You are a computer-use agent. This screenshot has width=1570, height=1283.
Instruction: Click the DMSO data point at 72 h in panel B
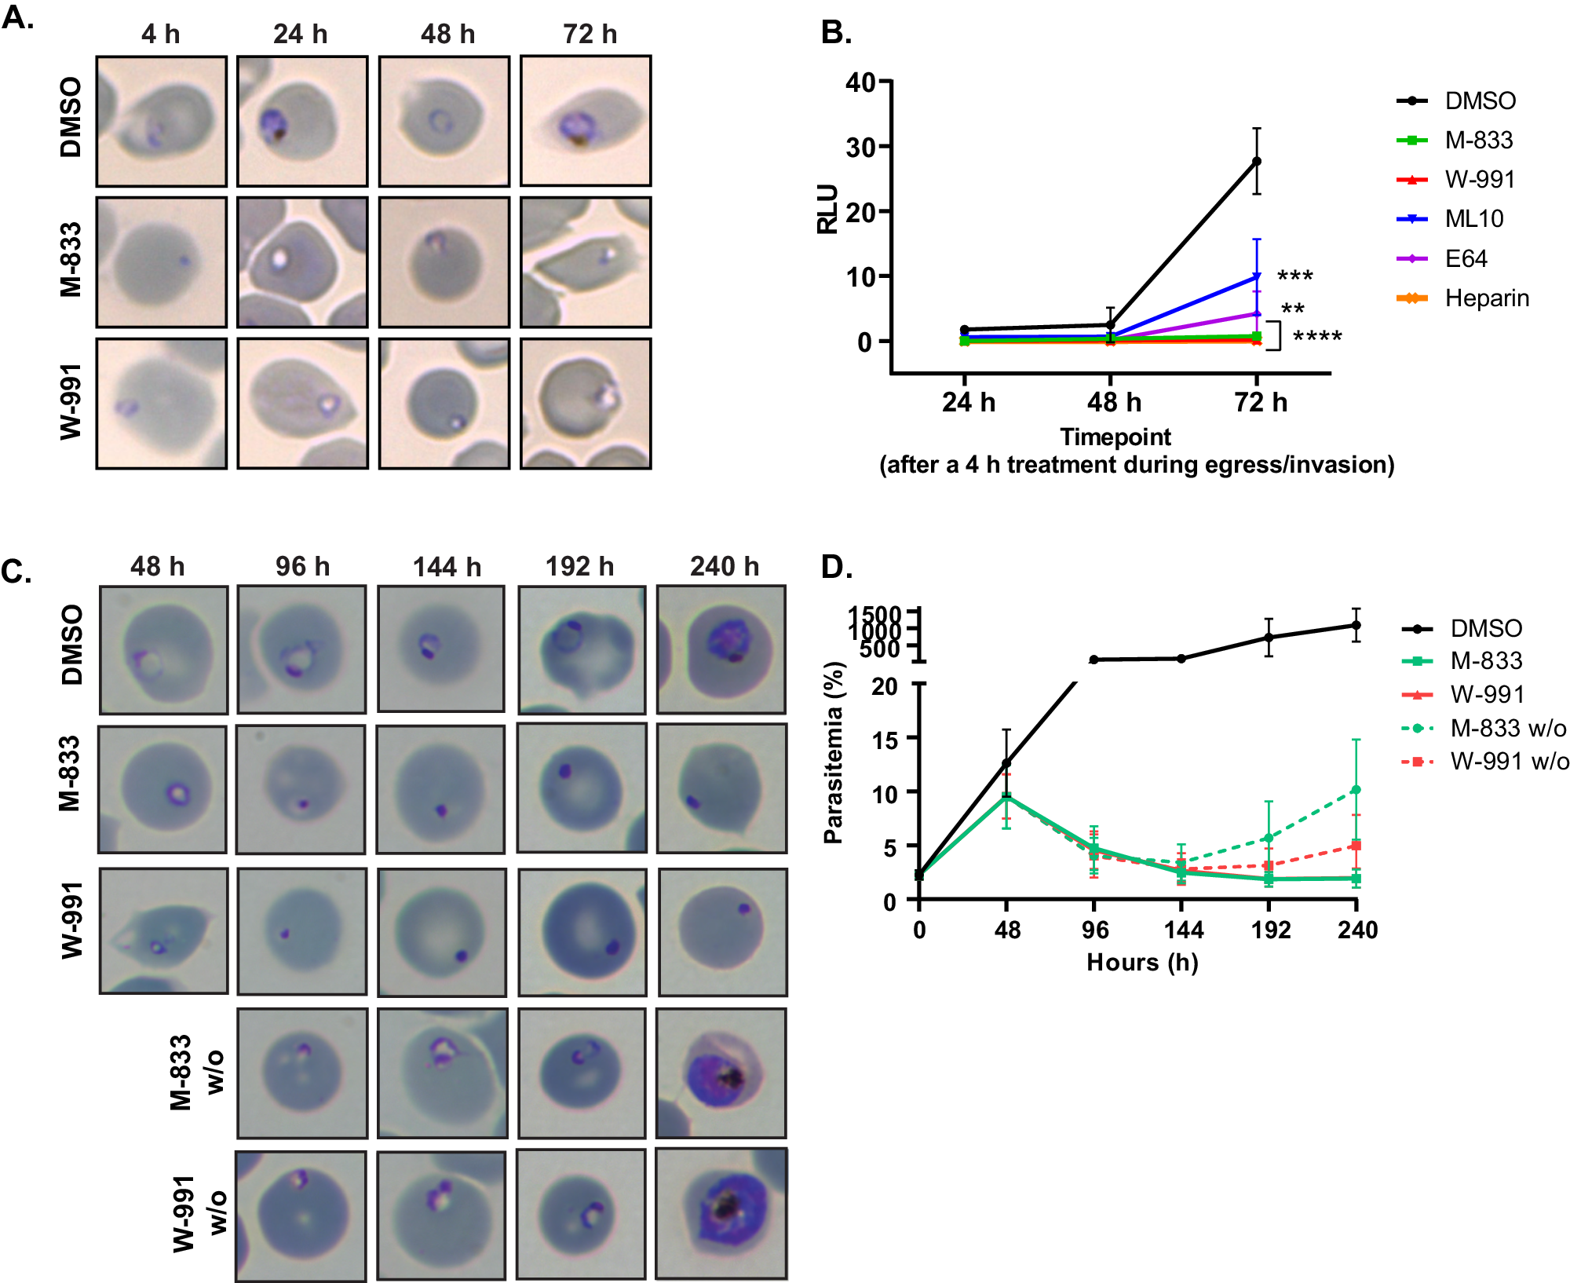point(1256,161)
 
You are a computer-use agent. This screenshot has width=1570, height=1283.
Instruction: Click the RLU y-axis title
point(827,210)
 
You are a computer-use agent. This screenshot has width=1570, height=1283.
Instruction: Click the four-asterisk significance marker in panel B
point(1316,337)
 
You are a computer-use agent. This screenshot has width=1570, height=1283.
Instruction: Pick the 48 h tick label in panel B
point(1113,402)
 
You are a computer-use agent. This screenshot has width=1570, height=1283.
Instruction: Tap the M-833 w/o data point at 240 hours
point(1356,790)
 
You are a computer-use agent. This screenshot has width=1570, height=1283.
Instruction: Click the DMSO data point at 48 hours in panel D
point(1006,763)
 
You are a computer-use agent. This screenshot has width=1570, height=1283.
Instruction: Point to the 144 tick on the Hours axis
point(1183,930)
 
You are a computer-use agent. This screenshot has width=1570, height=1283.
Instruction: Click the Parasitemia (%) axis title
point(834,752)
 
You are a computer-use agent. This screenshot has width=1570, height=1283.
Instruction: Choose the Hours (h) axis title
point(1142,963)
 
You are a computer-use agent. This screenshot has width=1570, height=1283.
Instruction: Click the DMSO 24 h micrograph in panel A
point(302,121)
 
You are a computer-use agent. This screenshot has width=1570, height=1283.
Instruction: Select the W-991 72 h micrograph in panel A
point(586,404)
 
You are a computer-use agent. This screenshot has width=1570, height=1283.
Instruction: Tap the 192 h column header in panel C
point(579,566)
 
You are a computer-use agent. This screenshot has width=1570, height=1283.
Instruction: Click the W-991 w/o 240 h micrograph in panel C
point(721,1214)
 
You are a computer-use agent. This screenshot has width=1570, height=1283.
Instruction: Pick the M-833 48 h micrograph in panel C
point(162,789)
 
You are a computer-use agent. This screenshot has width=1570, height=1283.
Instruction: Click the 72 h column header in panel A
point(590,35)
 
